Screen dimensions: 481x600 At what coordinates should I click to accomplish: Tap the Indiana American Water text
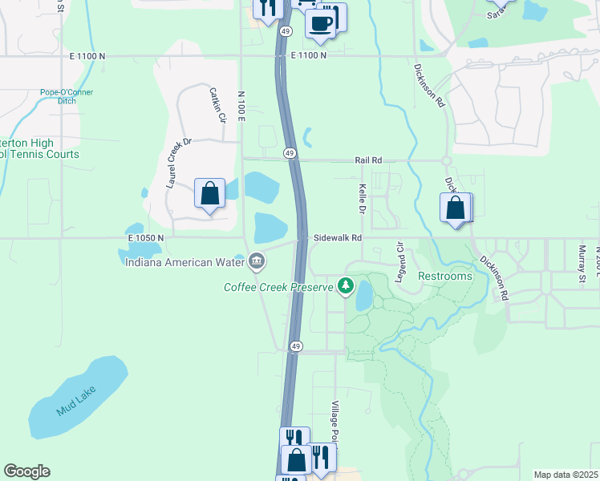pos(185,261)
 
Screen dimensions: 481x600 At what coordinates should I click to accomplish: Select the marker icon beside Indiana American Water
pos(257,260)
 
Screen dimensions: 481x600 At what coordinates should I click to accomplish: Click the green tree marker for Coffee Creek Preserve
pos(346,285)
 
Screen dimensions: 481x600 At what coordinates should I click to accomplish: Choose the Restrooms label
pos(445,276)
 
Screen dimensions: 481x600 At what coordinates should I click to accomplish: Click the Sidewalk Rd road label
pos(338,237)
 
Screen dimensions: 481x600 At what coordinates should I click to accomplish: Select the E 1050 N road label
pos(145,238)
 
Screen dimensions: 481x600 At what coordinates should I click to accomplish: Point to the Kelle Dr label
pos(362,197)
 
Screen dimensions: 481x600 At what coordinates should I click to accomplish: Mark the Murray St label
pos(582,265)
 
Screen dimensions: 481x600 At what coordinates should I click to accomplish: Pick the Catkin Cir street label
pos(217,105)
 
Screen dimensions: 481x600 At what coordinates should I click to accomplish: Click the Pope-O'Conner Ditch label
pos(67,97)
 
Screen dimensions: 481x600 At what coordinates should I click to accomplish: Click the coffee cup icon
pos(321,23)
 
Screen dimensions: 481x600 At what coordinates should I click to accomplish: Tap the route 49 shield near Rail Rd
pos(289,152)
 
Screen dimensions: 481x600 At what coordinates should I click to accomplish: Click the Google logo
pos(26,471)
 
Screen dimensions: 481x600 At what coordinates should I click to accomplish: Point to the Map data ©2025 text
pos(566,475)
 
